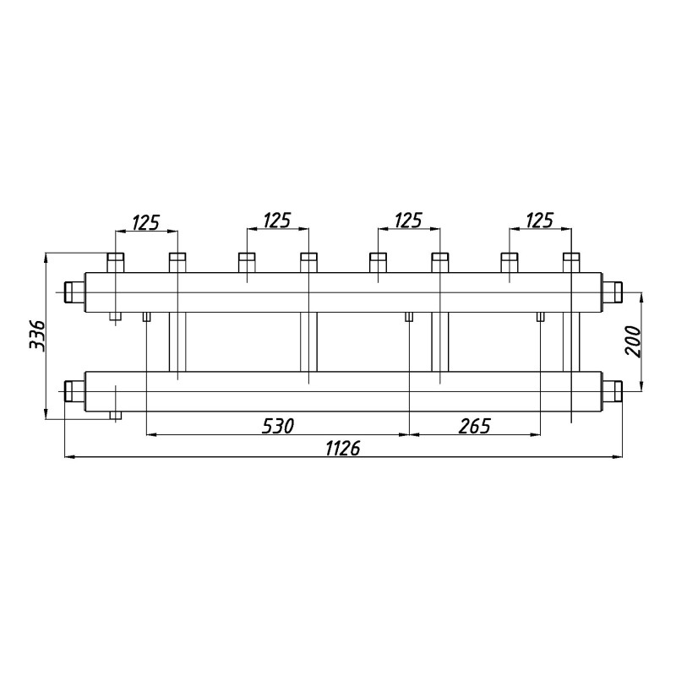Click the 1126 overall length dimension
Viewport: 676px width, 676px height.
pyautogui.click(x=343, y=449)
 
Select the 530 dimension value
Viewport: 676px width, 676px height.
pyautogui.click(x=278, y=426)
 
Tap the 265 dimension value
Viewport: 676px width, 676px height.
pyautogui.click(x=475, y=426)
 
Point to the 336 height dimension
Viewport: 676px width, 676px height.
pyautogui.click(x=36, y=335)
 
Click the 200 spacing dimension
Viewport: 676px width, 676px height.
pyautogui.click(x=633, y=341)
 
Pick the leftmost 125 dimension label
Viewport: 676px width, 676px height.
pyautogui.click(x=145, y=222)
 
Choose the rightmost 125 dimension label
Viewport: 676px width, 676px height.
pyautogui.click(x=539, y=221)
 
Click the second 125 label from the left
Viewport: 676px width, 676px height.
pyautogui.click(x=277, y=221)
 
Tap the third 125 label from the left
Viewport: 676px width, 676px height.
pyautogui.click(x=408, y=221)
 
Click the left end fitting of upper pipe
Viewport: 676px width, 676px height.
pyautogui.click(x=74, y=292)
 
